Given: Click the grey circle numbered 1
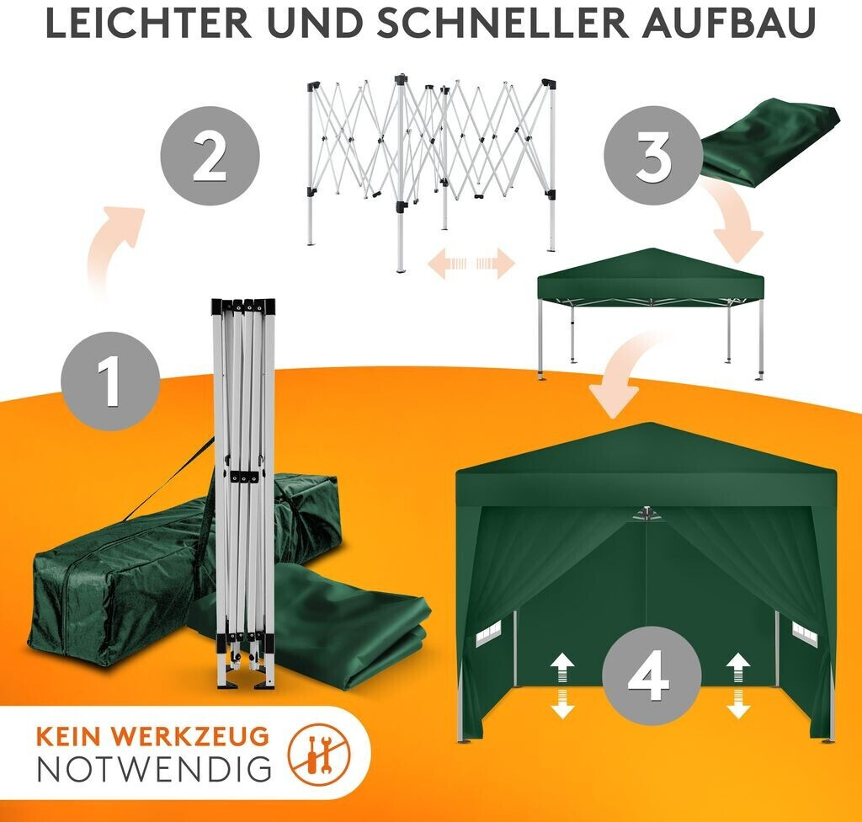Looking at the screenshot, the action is point(110,381).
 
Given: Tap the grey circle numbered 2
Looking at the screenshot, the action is point(210,156).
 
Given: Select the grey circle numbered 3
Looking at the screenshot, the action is point(653,156).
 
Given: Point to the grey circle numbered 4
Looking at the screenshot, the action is point(652,675).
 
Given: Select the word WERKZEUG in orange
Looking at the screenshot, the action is point(193,736).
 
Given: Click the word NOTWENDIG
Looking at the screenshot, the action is point(155,769).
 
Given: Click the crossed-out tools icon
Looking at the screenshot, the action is point(319,753).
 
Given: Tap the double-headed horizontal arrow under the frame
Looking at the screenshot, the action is point(471,264).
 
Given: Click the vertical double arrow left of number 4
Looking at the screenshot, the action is point(562,686).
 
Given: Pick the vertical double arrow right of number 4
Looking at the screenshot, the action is point(737,686).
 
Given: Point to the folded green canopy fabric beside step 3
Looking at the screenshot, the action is point(769,142).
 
